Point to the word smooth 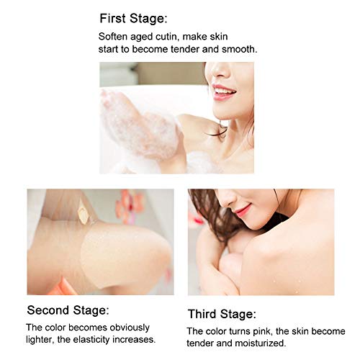click(238, 49)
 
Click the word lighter click(42, 340)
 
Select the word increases click(136, 340)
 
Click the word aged click(148, 37)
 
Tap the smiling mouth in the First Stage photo click(224, 91)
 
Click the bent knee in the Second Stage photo click(137, 245)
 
